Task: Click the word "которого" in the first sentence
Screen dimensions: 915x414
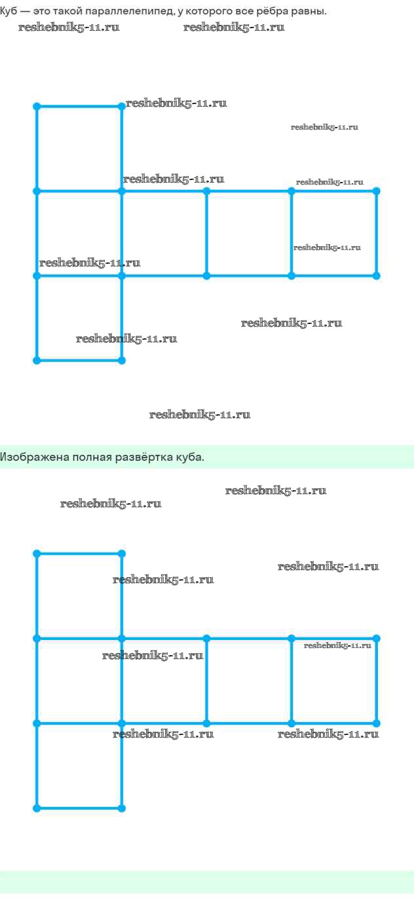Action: coord(210,12)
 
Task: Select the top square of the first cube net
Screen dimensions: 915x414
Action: coord(79,149)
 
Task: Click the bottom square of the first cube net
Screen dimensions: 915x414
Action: coord(79,318)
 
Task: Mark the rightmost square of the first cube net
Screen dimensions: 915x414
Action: coord(334,234)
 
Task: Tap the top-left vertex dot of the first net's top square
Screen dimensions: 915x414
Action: coord(37,106)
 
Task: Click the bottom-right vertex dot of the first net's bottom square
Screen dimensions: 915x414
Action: coord(122,360)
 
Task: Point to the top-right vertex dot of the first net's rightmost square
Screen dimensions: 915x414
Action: coord(377,191)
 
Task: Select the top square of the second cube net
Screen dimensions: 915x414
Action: coord(79,596)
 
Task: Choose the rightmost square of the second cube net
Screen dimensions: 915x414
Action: coord(334,681)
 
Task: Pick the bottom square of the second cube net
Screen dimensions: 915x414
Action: coord(79,766)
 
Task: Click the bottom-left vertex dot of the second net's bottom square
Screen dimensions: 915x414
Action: coord(37,808)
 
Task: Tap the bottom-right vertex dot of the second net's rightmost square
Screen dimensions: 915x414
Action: coord(377,723)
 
